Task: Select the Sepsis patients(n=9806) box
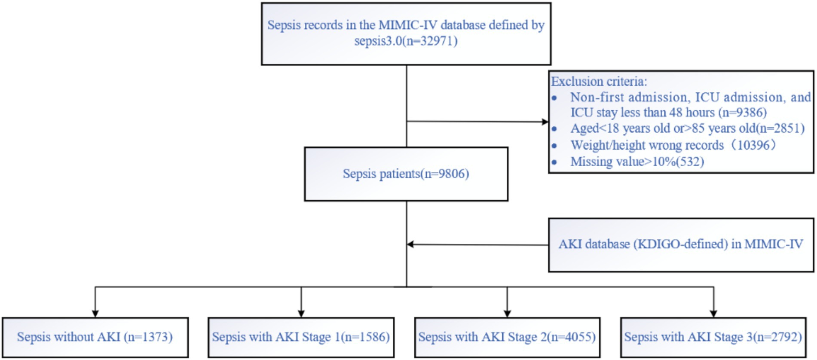[x=406, y=174]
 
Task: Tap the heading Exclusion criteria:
[x=599, y=82]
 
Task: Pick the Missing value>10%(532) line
[x=637, y=162]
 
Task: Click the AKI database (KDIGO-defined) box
[x=681, y=245]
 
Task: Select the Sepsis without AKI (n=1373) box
[x=95, y=337]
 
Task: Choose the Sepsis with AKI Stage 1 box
[x=301, y=337]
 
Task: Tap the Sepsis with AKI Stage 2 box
[x=507, y=337]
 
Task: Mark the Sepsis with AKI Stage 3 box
[x=713, y=337]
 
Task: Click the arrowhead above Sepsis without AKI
[x=95, y=314]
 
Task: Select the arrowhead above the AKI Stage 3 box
[x=714, y=314]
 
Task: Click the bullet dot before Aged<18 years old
[x=554, y=129]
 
